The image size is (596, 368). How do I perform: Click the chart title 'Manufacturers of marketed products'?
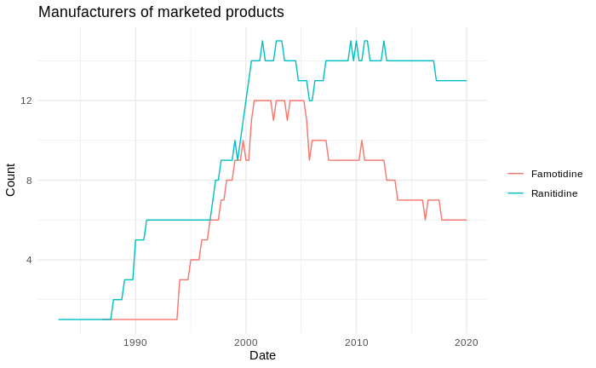pyautogui.click(x=161, y=12)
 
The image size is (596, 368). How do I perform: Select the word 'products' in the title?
pyautogui.click(x=255, y=12)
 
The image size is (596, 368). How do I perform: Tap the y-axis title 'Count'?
pyautogui.click(x=11, y=180)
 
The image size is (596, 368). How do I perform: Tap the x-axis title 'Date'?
pyautogui.click(x=262, y=355)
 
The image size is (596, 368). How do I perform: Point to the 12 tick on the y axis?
pyautogui.click(x=26, y=101)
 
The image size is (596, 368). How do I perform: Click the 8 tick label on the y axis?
pyautogui.click(x=29, y=180)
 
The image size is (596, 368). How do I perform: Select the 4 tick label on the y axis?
pyautogui.click(x=29, y=260)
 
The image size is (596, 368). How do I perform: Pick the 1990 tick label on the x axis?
pyautogui.click(x=135, y=342)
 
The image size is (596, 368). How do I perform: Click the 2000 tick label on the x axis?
pyautogui.click(x=246, y=342)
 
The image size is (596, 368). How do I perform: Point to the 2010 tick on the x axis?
pyautogui.click(x=356, y=342)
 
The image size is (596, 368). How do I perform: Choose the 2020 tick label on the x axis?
pyautogui.click(x=467, y=342)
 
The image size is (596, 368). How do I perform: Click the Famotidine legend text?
pyautogui.click(x=557, y=174)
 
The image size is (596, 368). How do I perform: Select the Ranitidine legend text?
pyautogui.click(x=554, y=193)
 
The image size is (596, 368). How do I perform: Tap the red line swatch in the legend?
pyautogui.click(x=515, y=174)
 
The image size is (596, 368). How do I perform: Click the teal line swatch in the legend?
pyautogui.click(x=515, y=193)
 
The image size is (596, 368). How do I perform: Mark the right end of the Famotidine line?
pyautogui.click(x=467, y=220)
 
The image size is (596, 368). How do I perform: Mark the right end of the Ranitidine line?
pyautogui.click(x=467, y=81)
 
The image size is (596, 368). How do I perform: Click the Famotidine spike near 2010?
pyautogui.click(x=362, y=141)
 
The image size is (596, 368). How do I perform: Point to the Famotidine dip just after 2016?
pyautogui.click(x=426, y=220)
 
